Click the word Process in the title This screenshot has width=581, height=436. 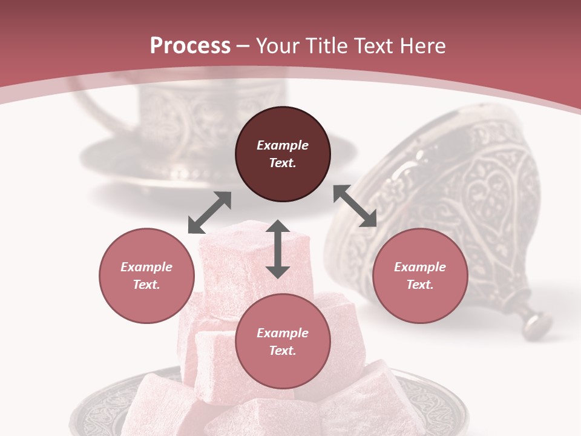click(x=190, y=46)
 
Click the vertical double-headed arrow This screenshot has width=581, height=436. click(x=278, y=249)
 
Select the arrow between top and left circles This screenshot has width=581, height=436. click(x=209, y=213)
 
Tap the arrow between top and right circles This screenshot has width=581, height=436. click(x=355, y=206)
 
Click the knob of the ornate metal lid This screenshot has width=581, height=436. click(x=536, y=322)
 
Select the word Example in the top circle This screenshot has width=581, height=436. click(x=283, y=145)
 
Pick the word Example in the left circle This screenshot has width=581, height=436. click(x=146, y=267)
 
